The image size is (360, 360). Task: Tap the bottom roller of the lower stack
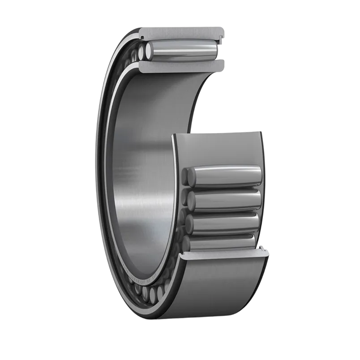click(x=222, y=242)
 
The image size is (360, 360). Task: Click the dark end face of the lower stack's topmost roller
click(x=188, y=176)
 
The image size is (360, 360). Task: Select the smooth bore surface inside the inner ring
click(x=143, y=170)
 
